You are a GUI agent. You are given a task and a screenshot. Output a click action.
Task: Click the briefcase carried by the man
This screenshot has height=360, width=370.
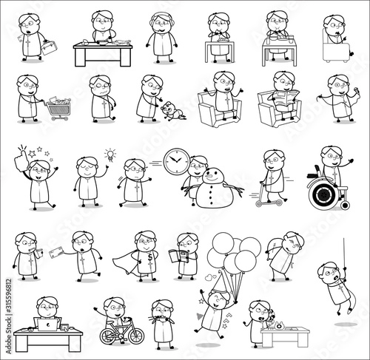point(50,48)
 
